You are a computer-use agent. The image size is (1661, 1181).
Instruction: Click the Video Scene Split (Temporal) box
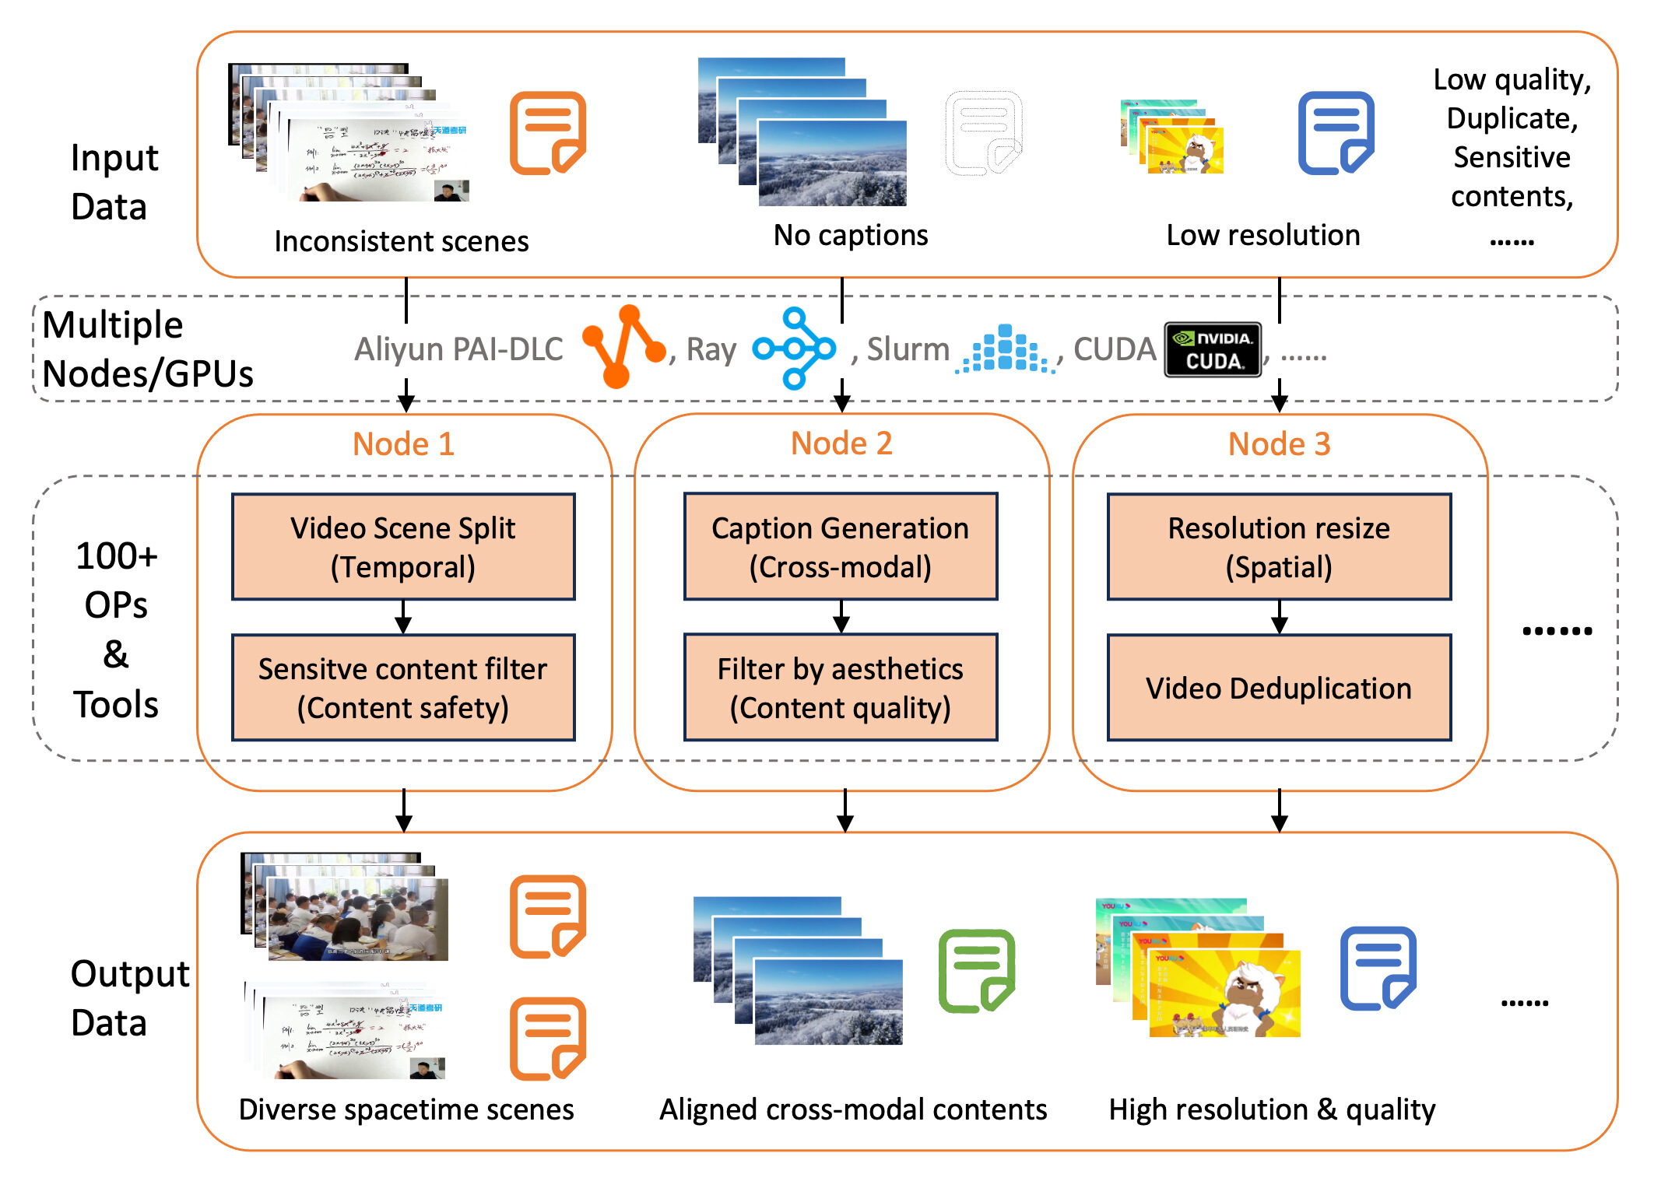(403, 547)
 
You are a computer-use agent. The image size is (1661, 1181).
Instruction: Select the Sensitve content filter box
(403, 688)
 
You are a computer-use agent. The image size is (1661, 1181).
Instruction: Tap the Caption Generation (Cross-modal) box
(841, 547)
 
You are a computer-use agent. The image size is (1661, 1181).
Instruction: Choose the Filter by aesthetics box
(841, 688)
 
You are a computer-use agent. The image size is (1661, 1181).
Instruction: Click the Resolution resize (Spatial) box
(1279, 547)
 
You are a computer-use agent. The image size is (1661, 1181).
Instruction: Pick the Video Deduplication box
(1279, 688)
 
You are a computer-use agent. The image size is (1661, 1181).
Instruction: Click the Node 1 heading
(403, 444)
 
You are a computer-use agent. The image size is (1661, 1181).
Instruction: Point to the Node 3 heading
(1279, 444)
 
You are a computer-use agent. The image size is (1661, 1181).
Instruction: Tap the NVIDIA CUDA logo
(1213, 349)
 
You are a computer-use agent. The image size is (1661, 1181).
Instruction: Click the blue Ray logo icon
(795, 349)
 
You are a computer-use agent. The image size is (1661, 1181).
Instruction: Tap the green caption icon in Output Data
(976, 971)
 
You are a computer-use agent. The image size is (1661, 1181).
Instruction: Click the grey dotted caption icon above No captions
(983, 133)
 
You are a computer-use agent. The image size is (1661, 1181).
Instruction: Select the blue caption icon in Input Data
(1336, 133)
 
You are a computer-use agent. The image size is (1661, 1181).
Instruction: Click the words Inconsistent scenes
(402, 241)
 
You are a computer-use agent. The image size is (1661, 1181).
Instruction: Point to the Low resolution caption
(1262, 235)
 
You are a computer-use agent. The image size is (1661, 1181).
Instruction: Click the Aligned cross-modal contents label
(853, 1109)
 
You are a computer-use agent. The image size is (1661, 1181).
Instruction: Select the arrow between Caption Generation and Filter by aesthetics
(841, 617)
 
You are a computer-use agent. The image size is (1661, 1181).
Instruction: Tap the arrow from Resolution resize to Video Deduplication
(1280, 617)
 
